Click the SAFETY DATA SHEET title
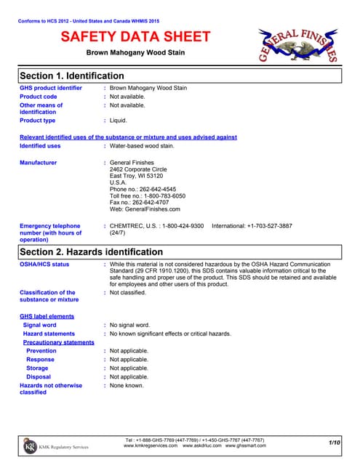136,37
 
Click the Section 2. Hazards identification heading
90,251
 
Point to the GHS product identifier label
50,88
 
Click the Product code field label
38,97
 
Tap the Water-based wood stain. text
142,145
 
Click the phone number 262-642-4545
161,189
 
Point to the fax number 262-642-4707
159,203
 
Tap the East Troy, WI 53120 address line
136,176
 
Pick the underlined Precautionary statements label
59,342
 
